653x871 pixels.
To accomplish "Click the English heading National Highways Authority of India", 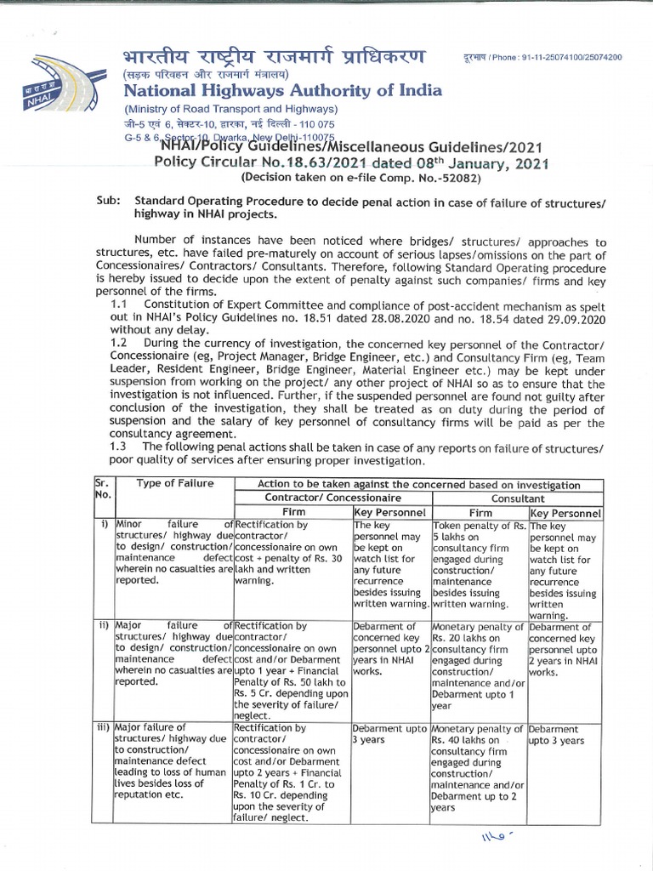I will (282, 91).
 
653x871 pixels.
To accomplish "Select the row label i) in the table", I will (103, 525).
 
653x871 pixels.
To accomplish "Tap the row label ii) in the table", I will (103, 627).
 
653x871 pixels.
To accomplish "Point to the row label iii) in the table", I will (103, 729).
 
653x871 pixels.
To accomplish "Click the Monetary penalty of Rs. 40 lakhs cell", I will (478, 771).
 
